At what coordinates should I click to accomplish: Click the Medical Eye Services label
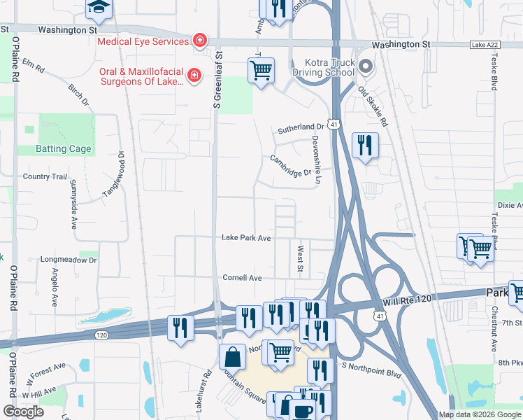tap(143, 41)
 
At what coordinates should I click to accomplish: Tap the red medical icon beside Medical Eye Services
tap(200, 41)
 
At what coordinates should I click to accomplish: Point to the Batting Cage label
tap(64, 149)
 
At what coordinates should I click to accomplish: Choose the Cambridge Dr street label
tap(291, 167)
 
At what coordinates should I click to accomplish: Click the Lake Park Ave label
tap(246, 238)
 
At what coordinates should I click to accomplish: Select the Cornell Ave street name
tap(242, 278)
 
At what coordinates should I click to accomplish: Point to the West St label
tap(300, 258)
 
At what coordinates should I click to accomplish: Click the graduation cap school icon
tap(98, 7)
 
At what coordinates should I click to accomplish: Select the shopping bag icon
tap(232, 356)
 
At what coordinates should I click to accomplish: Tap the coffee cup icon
tap(302, 411)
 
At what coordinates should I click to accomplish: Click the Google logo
tap(23, 411)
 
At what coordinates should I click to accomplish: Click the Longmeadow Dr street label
tap(68, 260)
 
